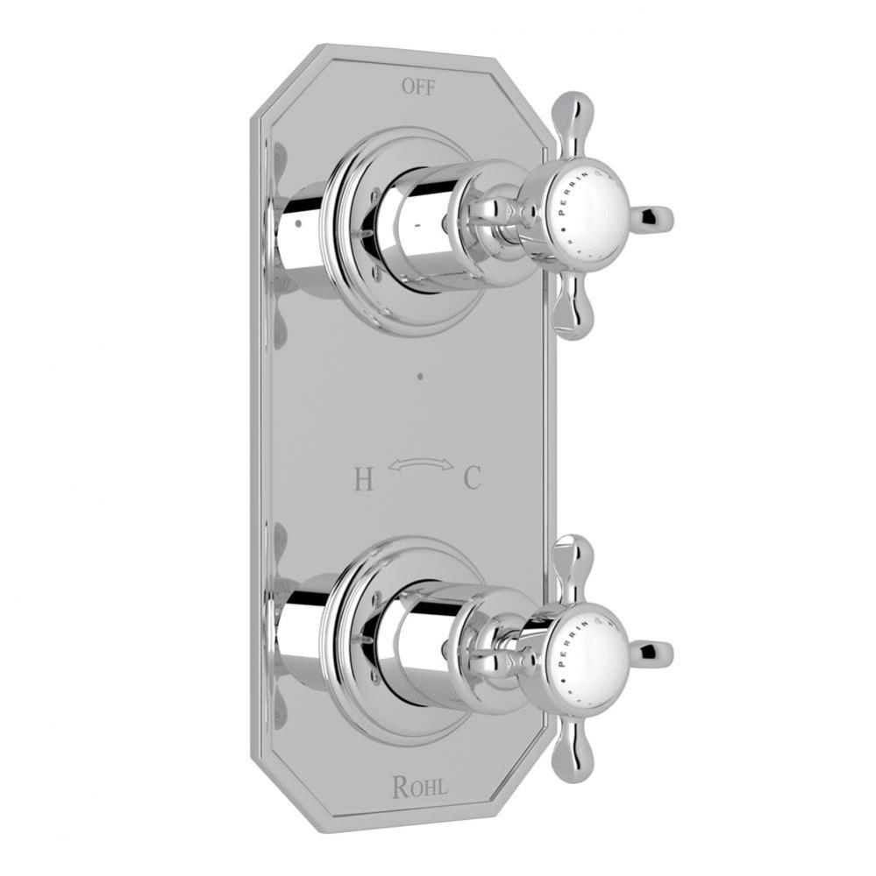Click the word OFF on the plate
point(418,87)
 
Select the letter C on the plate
point(472,479)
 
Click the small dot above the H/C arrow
point(420,378)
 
